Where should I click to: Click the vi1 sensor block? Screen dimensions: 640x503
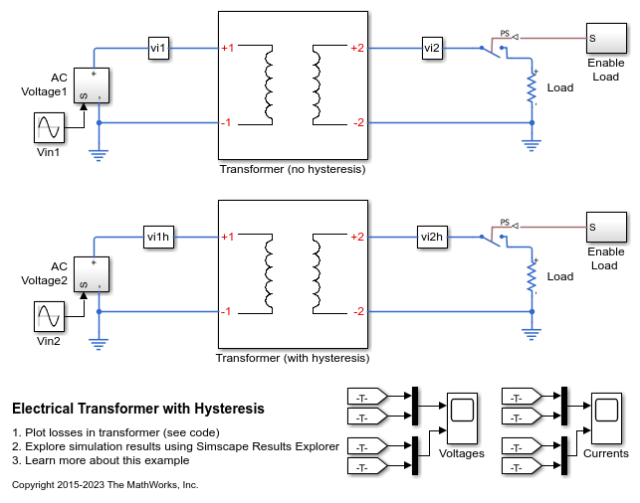158,48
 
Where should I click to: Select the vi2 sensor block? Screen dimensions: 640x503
432,48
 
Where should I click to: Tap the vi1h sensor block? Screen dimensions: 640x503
159,237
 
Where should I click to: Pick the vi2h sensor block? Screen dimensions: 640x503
432,237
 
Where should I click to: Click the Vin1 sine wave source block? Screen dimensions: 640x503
49,127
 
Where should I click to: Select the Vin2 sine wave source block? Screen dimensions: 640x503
49,317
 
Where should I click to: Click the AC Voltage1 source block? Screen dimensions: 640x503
92,85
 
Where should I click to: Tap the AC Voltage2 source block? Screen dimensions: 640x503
92,274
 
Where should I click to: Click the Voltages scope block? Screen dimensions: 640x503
463,419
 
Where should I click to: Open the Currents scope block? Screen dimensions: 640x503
607,419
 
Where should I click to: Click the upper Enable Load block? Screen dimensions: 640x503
606,39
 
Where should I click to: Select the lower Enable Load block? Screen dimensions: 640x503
606,227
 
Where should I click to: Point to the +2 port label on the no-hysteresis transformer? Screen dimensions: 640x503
357,48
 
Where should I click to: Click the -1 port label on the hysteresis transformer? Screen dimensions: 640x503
226,311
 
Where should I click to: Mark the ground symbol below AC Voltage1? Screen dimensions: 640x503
99,156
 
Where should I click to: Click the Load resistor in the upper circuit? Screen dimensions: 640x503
532,87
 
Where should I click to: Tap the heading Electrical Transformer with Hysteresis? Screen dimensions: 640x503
138,409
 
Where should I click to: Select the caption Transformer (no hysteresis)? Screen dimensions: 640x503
293,169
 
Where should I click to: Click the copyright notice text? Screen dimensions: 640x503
106,485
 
